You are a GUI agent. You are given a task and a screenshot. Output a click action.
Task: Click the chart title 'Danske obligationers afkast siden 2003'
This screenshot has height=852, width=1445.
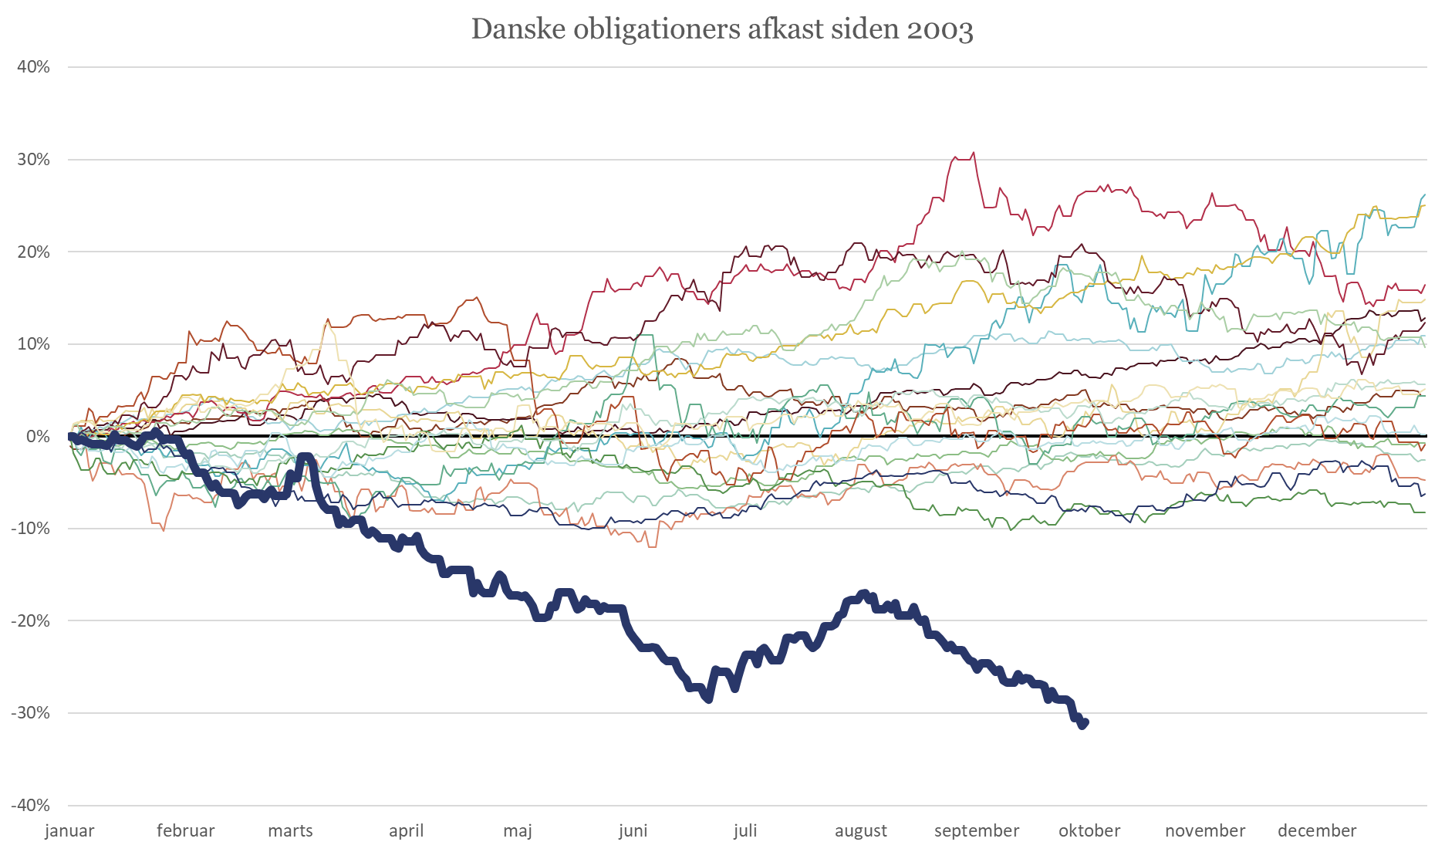(x=721, y=30)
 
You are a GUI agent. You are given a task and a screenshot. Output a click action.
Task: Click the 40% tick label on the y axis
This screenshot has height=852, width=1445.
(x=34, y=67)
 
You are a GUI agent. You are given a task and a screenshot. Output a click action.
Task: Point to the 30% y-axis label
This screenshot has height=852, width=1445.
(x=34, y=160)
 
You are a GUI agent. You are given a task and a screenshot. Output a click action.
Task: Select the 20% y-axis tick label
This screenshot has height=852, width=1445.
(x=34, y=252)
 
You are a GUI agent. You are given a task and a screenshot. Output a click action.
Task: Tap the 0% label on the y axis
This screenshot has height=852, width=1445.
(x=38, y=437)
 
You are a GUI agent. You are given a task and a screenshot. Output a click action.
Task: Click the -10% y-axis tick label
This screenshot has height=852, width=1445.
(x=31, y=529)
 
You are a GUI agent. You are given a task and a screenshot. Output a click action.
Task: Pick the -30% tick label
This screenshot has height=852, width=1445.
(x=31, y=713)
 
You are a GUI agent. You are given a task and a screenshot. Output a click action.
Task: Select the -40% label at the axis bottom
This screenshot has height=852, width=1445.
(x=31, y=805)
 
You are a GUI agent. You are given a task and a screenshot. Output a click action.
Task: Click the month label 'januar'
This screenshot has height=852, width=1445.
(x=69, y=831)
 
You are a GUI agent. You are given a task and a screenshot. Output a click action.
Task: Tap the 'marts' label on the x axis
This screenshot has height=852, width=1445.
(x=290, y=831)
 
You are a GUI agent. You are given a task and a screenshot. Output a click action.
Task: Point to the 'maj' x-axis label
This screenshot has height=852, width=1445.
(x=518, y=831)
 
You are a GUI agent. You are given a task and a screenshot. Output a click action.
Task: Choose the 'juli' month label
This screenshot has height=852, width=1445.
(x=745, y=831)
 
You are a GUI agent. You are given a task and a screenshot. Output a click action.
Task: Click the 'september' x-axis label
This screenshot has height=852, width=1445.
(x=977, y=831)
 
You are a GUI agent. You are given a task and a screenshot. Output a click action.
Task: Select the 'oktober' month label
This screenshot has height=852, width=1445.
(x=1089, y=831)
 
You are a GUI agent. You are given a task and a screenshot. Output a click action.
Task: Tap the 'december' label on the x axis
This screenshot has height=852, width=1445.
(x=1317, y=831)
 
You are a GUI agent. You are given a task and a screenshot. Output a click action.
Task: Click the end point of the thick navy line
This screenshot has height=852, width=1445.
(x=1083, y=724)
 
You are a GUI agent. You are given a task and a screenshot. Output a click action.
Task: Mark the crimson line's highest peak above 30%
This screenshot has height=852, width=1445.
(x=973, y=154)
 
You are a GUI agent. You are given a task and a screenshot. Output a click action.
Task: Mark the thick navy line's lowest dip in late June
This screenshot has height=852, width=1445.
(x=709, y=699)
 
